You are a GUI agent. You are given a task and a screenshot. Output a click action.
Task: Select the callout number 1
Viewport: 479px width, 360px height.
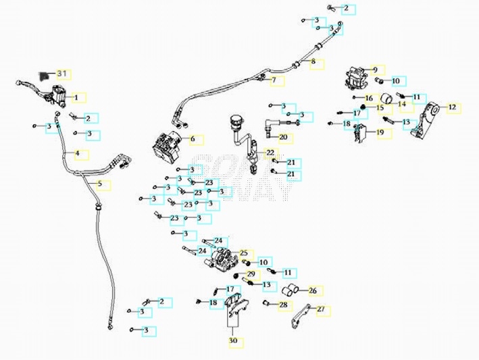[x=76, y=97]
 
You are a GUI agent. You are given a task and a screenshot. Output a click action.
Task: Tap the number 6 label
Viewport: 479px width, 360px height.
[x=193, y=140]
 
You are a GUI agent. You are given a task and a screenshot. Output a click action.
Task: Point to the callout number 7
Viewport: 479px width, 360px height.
[x=274, y=80]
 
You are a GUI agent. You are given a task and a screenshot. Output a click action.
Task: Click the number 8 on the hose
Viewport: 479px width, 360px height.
[x=313, y=62]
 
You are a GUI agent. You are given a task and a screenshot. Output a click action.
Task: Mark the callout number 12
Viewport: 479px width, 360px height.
[x=452, y=107]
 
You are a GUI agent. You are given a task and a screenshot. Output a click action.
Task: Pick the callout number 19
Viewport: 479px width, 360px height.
[x=380, y=133]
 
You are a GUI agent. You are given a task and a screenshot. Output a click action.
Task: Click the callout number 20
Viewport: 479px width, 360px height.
[x=283, y=137]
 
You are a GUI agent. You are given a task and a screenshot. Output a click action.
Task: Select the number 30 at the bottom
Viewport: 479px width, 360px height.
[x=233, y=342]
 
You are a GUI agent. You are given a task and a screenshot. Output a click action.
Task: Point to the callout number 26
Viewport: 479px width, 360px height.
[x=312, y=291]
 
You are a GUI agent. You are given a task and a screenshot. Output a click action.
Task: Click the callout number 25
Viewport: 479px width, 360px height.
[x=243, y=253]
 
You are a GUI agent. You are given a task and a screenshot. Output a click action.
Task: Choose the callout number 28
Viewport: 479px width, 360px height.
[x=283, y=305]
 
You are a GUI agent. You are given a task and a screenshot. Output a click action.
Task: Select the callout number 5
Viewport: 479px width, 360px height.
[x=100, y=184]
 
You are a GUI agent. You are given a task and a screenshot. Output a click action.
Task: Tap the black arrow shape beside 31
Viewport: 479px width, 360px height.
[x=45, y=75]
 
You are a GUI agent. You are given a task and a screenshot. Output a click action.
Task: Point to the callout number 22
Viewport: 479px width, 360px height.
[x=270, y=153]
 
